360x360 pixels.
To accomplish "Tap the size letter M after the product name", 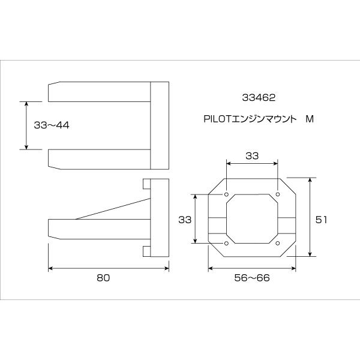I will (x=310, y=119).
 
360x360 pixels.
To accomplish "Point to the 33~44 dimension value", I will (x=52, y=125).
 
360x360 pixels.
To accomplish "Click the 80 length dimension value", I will (x=104, y=278).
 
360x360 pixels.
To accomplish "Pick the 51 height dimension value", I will (x=321, y=220).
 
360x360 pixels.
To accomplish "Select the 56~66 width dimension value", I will (x=253, y=278).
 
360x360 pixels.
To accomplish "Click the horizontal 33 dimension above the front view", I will (x=252, y=155).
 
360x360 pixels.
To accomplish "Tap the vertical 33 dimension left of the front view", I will (x=185, y=220).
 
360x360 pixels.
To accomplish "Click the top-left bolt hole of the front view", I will (x=226, y=195).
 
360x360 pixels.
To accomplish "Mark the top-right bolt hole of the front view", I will (x=278, y=195).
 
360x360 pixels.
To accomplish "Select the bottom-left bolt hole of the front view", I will (x=226, y=243).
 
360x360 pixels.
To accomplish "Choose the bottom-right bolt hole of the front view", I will (x=278, y=243).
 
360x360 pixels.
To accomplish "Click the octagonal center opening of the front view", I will (x=252, y=219).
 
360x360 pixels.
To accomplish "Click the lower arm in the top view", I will (x=99, y=158).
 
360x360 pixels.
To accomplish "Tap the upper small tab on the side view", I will (x=146, y=184).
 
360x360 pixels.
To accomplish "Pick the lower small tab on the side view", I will (x=146, y=250).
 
